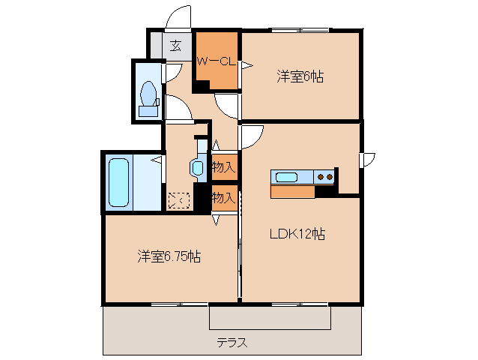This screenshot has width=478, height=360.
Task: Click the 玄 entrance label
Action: click(x=175, y=46)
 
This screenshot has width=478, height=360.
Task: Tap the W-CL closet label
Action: click(x=217, y=62)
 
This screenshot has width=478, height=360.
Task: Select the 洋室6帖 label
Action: click(x=300, y=76)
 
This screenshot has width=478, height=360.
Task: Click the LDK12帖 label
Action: click(x=297, y=233)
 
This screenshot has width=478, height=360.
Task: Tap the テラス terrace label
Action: click(x=232, y=343)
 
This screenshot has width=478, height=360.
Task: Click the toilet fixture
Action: click(x=148, y=94)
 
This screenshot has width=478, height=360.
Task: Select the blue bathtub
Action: click(x=120, y=182)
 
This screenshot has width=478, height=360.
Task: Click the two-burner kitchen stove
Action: click(x=325, y=177)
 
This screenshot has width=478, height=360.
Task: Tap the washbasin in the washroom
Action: click(x=198, y=167)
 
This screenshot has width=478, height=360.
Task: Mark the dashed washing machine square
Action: click(x=179, y=200)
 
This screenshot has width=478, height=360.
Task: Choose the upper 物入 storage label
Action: click(x=224, y=166)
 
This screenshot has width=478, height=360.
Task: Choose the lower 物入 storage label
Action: click(x=224, y=198)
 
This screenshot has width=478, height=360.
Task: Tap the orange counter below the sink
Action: click(x=293, y=191)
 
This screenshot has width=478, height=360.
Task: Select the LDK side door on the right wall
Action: click(x=367, y=160)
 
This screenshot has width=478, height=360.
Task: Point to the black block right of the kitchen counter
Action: click(x=325, y=191)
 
